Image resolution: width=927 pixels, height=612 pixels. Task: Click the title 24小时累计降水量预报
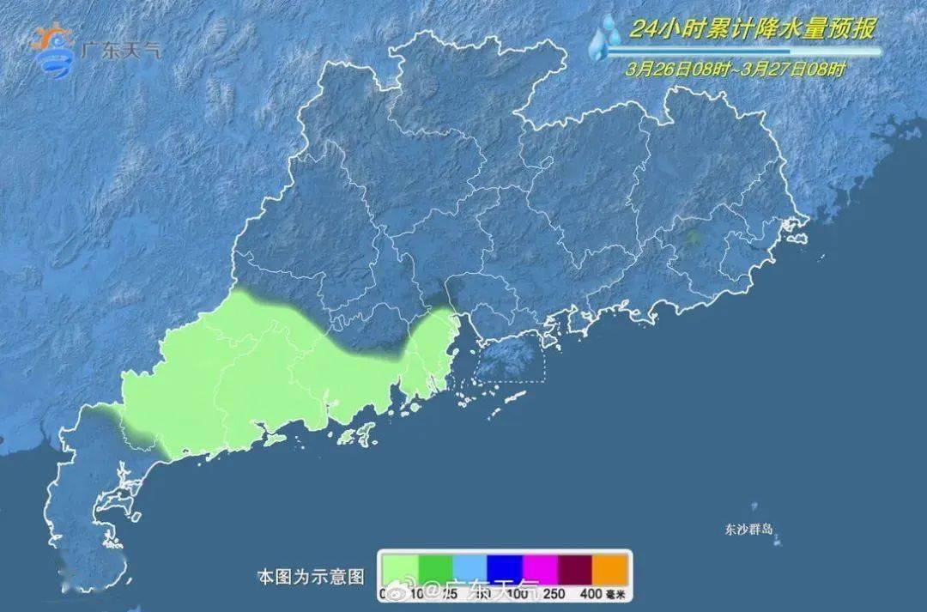click(753, 29)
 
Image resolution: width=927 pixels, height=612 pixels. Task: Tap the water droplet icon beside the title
click(606, 37)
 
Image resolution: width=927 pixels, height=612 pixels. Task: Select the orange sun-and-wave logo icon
click(53, 50)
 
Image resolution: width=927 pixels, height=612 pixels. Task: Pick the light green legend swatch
click(401, 567)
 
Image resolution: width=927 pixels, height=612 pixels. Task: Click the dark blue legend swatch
click(506, 567)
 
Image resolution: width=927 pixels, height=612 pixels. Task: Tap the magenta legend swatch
click(541, 567)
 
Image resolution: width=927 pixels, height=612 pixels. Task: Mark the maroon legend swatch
click(575, 567)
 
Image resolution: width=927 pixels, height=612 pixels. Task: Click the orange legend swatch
click(611, 567)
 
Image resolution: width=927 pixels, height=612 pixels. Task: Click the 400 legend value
click(591, 593)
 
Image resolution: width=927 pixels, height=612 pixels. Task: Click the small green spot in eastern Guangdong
click(694, 236)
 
